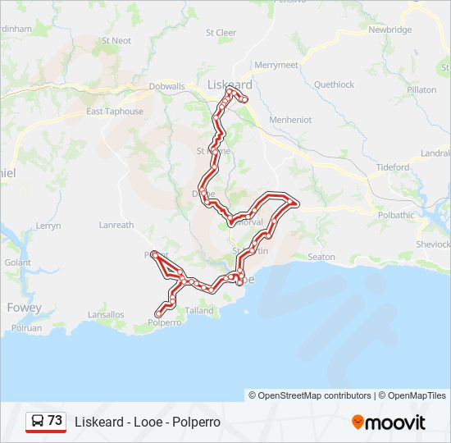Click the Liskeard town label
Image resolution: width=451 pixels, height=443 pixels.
click(x=230, y=84)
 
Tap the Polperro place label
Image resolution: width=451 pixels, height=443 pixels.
click(x=164, y=322)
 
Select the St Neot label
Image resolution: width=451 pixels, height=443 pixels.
click(x=116, y=40)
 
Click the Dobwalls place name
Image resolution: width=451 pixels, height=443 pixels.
click(x=167, y=85)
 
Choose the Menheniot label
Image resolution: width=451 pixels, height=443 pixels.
click(x=290, y=119)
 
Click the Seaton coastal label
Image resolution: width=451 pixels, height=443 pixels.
click(x=321, y=257)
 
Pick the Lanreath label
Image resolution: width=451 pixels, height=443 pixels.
click(x=116, y=225)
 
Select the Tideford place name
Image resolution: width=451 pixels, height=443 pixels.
click(x=393, y=167)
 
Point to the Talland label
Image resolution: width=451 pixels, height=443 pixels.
click(x=199, y=310)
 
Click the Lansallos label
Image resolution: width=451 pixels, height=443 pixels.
click(x=107, y=314)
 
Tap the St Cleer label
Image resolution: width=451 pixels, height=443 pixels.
click(x=221, y=33)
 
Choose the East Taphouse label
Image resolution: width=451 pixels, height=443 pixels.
click(x=115, y=112)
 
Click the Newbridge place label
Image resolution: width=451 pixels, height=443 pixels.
click(x=389, y=30)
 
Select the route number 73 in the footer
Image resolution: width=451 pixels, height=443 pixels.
click(x=55, y=421)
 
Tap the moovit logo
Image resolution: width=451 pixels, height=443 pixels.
click(x=389, y=422)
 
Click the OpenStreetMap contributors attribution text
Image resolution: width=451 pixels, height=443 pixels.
click(x=310, y=395)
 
